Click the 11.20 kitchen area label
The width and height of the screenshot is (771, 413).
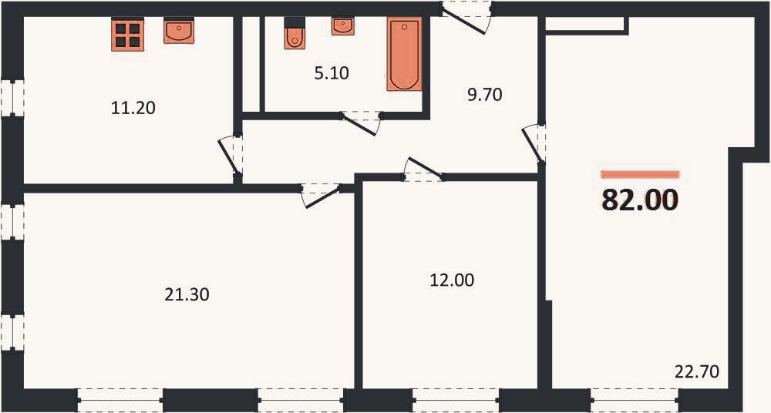coord(133,108)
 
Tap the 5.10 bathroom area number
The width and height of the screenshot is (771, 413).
coord(332,73)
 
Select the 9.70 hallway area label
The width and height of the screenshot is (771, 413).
coord(485,95)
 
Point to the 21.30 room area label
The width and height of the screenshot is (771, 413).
coord(187,294)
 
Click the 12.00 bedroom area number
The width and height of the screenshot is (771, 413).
coord(452,280)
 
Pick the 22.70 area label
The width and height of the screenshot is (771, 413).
coord(697,371)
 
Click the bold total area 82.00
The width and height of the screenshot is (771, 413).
coord(640,200)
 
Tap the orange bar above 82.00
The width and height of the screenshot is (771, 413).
coord(640,174)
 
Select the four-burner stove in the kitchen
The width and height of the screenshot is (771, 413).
coord(127,34)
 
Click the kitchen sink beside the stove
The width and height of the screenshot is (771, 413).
coord(179,31)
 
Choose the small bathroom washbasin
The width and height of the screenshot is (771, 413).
coord(343,25)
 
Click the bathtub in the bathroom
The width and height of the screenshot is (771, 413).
coord(404,54)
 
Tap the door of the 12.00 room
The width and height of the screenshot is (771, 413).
coord(423,170)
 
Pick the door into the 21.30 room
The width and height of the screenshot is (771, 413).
coord(321,195)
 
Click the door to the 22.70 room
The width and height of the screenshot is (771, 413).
coord(534,143)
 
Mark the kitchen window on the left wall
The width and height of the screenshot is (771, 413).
coord(12,98)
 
